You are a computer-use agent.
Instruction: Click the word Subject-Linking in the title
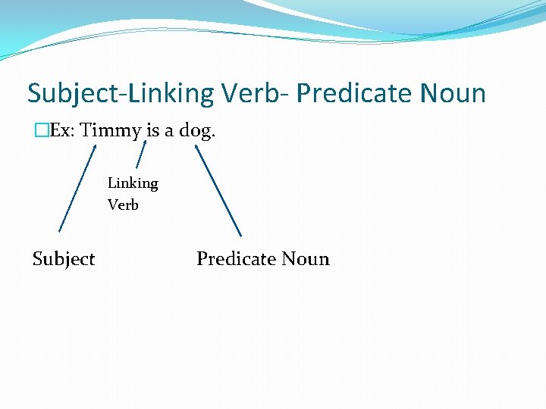[121, 94]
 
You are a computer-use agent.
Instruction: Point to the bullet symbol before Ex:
[40, 130]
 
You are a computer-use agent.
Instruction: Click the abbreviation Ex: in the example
[62, 130]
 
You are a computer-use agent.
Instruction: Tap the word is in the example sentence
[153, 130]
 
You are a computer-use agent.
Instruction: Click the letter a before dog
[171, 130]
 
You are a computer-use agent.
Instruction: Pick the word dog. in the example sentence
[198, 131]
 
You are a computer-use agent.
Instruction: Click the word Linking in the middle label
[133, 183]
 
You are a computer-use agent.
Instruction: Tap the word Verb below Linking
[123, 204]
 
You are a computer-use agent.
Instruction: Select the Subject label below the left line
[64, 260]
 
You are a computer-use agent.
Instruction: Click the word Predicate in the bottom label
[236, 259]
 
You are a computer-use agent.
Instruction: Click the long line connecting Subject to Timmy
[77, 188]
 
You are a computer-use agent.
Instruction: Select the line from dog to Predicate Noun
[218, 190]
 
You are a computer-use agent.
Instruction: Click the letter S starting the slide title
[34, 94]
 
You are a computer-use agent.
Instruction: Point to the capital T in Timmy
[86, 130]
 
